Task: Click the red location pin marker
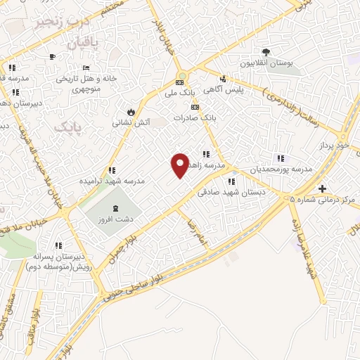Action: click(x=181, y=165)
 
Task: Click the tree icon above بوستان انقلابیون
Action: click(x=266, y=52)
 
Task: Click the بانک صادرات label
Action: click(x=193, y=118)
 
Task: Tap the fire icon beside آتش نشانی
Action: click(x=131, y=112)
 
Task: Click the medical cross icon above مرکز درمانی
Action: click(x=322, y=188)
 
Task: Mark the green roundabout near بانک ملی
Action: click(x=182, y=76)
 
